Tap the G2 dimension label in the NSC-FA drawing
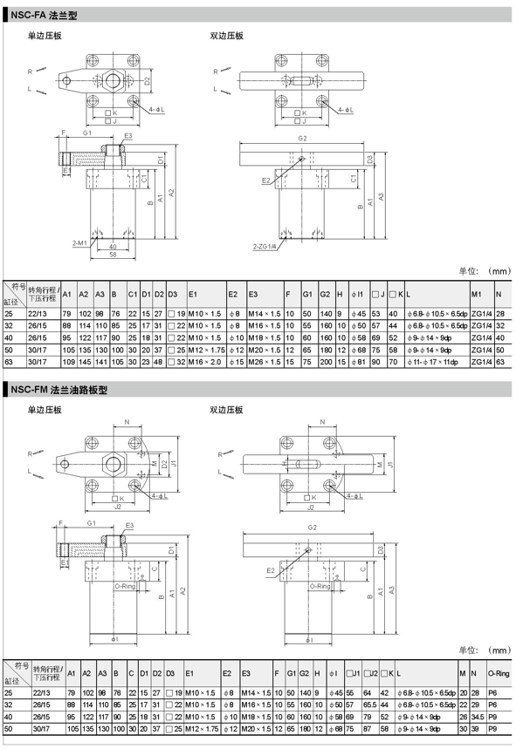coord(302,139)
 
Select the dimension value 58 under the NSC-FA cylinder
coord(114,255)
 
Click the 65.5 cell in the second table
coord(370,704)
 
